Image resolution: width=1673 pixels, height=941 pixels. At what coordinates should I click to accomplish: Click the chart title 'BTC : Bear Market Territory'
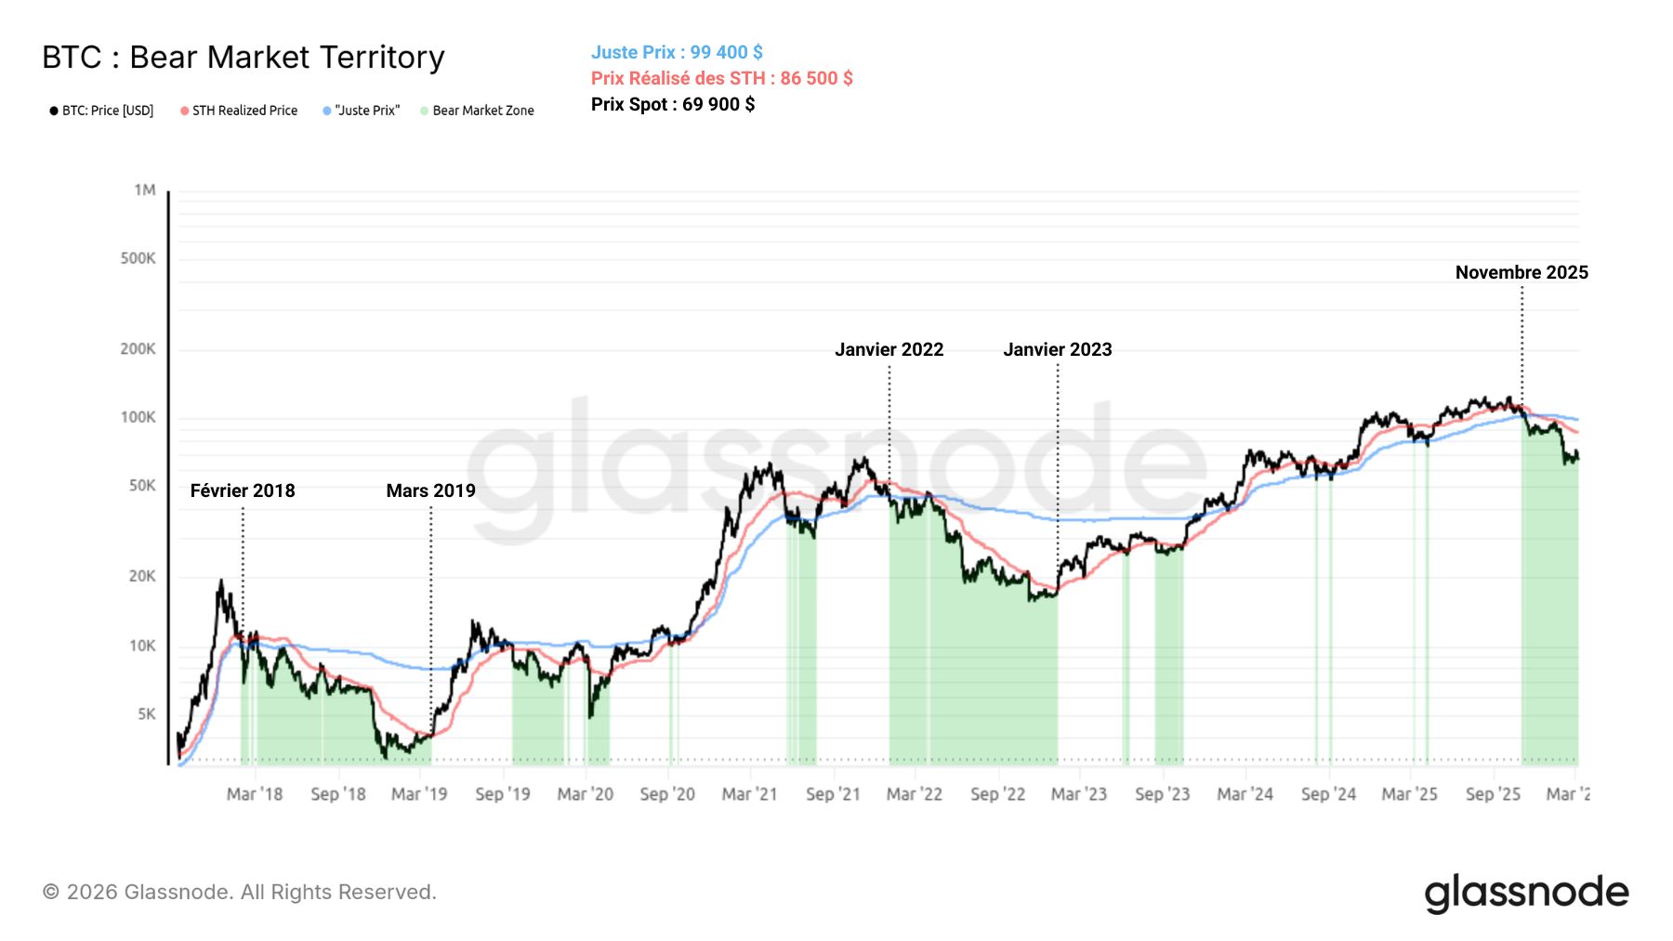point(244,58)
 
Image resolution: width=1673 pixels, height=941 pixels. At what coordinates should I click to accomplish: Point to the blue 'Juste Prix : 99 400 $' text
point(677,53)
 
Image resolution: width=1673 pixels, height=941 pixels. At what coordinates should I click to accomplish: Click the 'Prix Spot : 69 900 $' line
point(673,104)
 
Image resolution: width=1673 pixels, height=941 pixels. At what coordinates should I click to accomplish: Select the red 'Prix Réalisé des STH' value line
point(721,79)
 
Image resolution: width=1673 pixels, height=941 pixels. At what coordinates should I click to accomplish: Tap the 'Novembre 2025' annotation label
point(1522,273)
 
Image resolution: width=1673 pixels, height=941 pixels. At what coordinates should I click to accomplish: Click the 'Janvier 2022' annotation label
point(889,350)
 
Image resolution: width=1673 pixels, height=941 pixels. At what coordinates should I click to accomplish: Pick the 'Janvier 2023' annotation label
point(1058,350)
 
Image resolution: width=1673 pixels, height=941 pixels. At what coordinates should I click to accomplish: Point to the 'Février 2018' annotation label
point(243,491)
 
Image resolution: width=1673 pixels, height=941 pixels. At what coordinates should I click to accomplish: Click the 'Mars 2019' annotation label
point(430,491)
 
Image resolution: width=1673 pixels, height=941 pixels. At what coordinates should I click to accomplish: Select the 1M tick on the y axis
point(145,190)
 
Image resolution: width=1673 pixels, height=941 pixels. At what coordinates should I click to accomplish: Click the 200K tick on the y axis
point(138,349)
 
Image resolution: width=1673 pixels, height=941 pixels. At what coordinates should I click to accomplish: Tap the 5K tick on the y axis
point(147,714)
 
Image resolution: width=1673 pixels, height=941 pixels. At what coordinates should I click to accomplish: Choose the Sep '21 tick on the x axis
point(833,794)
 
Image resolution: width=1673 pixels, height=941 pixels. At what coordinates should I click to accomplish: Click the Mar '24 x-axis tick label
point(1245,794)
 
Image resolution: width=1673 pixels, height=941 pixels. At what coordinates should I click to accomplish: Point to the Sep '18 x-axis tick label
point(338,794)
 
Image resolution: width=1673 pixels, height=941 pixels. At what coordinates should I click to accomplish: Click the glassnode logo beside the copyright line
point(1526,893)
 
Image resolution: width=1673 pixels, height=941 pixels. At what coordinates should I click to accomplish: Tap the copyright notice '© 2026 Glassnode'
point(239,893)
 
